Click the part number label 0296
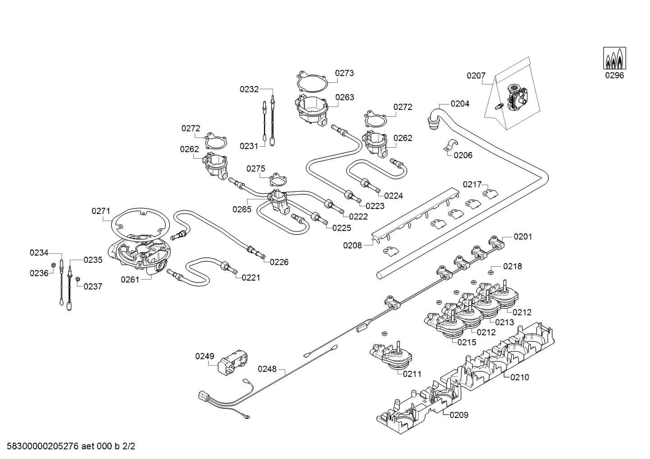[614, 75]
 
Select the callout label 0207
[476, 76]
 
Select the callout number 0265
[242, 209]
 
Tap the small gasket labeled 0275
[278, 179]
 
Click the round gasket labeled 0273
[312, 81]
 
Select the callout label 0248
[267, 369]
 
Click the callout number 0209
[459, 415]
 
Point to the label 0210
[520, 377]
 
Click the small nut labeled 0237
[78, 280]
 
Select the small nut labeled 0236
[53, 265]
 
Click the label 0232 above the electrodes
[249, 89]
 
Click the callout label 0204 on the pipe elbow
[460, 104]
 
